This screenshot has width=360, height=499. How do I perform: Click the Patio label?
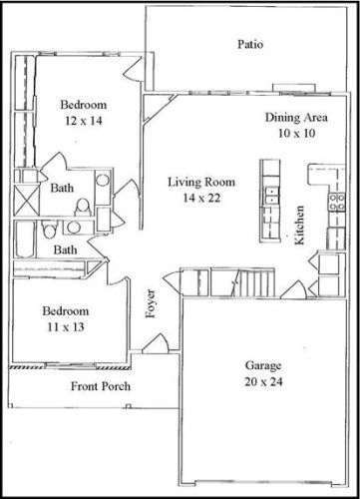pos(249,44)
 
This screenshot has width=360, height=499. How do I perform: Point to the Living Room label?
pos(194,181)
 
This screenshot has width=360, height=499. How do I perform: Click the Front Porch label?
pos(101,386)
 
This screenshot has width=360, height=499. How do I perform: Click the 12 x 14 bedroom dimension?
pos(82,120)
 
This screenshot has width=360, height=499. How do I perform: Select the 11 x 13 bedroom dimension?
pos(67,325)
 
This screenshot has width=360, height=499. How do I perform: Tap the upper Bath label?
pos(61,188)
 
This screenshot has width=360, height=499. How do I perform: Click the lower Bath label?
pos(66,249)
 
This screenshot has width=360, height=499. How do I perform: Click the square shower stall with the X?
pos(25,198)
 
